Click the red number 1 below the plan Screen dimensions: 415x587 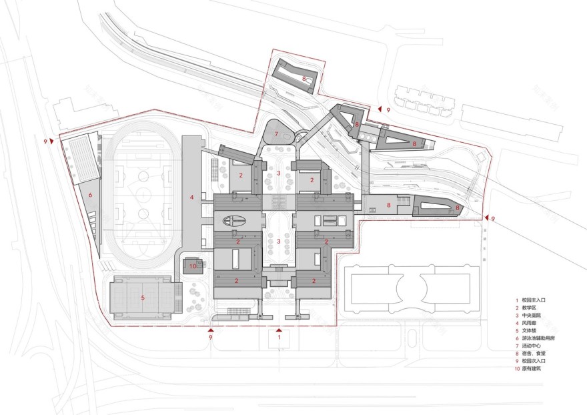tap(279, 338)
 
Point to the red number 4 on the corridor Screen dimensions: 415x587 tap(191, 197)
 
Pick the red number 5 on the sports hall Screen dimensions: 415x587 tap(143, 298)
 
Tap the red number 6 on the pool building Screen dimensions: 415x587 tap(89, 195)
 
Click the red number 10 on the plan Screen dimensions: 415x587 tap(192, 266)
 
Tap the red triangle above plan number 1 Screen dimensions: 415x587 tap(279, 330)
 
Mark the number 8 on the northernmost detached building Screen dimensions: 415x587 tap(304, 79)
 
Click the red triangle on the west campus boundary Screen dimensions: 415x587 tap(51, 141)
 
